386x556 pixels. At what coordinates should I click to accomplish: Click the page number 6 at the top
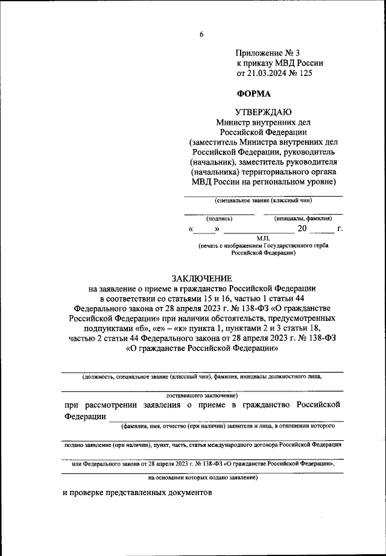pos(201,34)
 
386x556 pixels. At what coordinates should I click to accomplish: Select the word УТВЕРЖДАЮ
pos(263,112)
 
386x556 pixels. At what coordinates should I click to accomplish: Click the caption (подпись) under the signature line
pos(219,219)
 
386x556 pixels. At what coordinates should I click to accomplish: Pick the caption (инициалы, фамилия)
pos(303,219)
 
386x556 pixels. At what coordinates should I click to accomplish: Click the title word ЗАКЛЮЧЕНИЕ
pos(201,278)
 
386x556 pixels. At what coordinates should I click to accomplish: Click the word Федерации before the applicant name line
pos(84,417)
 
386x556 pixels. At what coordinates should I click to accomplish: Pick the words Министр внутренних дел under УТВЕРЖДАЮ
pos(263,122)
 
